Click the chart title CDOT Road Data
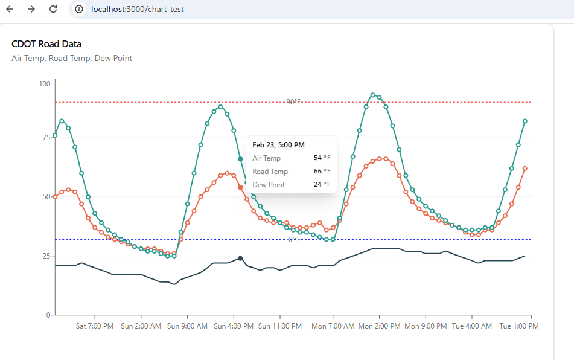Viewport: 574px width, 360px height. (46, 44)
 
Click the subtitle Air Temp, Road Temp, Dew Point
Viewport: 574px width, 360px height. (72, 59)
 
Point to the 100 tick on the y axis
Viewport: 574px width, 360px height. (44, 83)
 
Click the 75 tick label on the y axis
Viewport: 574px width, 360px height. (46, 138)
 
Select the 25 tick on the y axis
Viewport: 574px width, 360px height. (46, 256)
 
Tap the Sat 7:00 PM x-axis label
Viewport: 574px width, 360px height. (94, 326)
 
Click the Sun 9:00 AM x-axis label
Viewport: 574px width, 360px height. (187, 326)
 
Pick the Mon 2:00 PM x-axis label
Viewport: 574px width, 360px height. (379, 326)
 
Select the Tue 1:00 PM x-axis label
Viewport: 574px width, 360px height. (518, 326)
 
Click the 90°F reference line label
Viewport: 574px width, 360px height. (293, 102)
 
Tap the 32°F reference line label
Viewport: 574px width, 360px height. (293, 240)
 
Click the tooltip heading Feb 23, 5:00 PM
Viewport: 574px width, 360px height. (278, 145)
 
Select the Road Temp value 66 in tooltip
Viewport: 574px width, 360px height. (318, 172)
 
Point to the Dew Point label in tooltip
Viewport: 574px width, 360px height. (269, 185)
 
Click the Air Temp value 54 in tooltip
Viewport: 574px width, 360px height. (318, 158)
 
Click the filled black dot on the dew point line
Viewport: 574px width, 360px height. (240, 259)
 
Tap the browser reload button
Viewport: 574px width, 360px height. (53, 9)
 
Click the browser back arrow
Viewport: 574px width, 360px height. (10, 9)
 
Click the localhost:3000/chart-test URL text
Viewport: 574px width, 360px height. (137, 9)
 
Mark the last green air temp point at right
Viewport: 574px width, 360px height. (525, 121)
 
